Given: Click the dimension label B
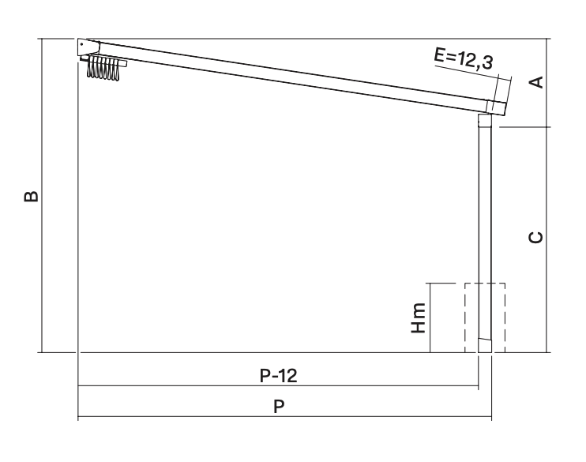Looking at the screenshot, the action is pos(31,196).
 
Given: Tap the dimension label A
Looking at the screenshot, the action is pos(537,82).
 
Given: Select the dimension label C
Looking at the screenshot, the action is pos(537,238).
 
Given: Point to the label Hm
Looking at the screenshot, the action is pos(419,317).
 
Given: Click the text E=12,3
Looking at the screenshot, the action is pos(464,59).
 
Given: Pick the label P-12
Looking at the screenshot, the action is pos(279,375).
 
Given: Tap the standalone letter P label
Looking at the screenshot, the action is pos(279,406).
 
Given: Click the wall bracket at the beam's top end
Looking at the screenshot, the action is pos(88,47).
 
